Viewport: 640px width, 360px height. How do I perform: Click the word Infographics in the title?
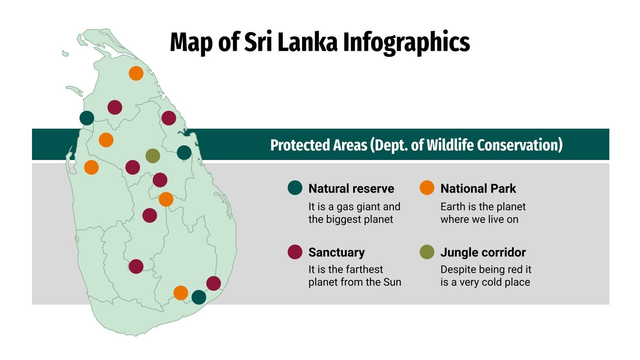click(406, 42)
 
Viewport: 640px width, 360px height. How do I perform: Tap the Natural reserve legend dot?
click(295, 188)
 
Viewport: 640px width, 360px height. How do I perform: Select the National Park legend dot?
click(427, 188)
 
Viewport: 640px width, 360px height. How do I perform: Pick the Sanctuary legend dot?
click(295, 252)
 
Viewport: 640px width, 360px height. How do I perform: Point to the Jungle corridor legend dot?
click(427, 252)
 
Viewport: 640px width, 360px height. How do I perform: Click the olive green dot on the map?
click(153, 156)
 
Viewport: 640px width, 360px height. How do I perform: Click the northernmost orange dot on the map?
click(136, 73)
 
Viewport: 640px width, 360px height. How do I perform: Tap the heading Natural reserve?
click(351, 188)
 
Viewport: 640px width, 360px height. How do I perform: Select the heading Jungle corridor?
click(483, 252)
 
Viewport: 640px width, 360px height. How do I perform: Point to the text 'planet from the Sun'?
click(354, 282)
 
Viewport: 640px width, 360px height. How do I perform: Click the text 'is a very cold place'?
click(485, 282)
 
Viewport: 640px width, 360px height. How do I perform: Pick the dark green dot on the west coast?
click(87, 118)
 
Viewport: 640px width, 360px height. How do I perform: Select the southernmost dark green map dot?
click(199, 297)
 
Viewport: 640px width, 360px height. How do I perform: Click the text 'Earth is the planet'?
click(483, 207)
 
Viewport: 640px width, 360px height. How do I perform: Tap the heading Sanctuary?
click(336, 252)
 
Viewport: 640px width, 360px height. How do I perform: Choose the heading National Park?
click(478, 188)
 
